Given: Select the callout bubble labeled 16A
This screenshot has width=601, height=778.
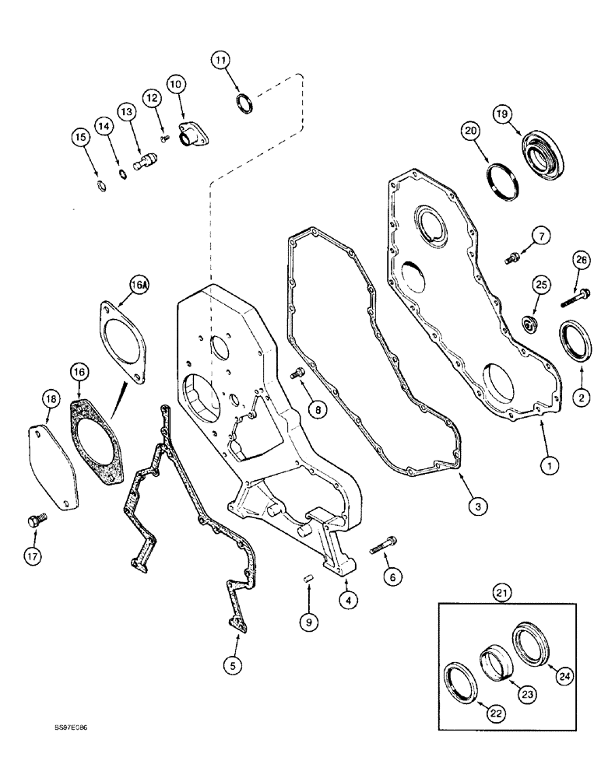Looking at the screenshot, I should tap(138, 287).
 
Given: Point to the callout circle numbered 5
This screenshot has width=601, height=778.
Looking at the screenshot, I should tap(231, 664).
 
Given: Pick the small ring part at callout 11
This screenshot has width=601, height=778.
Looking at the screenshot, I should tap(243, 103).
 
